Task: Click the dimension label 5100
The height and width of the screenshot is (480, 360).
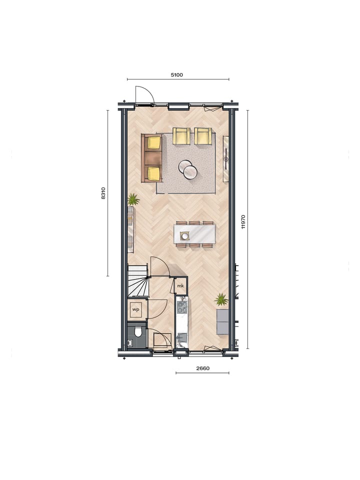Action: point(177,75)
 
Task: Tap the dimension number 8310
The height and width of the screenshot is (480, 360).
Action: point(103,193)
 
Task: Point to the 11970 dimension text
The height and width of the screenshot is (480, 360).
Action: point(243,221)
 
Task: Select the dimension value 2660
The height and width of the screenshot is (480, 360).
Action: point(202,368)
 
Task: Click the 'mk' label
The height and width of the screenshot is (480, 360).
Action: point(180,286)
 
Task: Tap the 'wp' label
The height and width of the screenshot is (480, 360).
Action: point(135,310)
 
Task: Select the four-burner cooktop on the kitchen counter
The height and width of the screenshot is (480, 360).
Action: point(182,306)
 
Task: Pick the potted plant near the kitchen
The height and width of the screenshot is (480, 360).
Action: point(221,299)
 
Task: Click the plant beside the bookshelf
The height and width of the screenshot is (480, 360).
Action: point(133,199)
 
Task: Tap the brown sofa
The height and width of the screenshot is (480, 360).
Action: point(152,158)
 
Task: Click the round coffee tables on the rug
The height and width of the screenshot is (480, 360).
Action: point(187,169)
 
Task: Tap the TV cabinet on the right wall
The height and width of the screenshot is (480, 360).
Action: point(226,159)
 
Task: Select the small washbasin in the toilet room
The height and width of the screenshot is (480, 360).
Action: point(130,342)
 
